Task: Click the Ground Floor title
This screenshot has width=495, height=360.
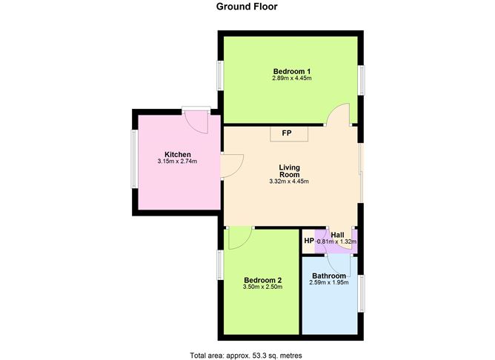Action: pos(247,7)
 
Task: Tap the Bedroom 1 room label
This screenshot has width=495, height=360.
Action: pos(292,71)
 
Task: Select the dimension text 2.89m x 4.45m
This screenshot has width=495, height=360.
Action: pos(292,79)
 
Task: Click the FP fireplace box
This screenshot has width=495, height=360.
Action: pos(289,134)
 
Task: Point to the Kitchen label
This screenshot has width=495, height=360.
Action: pos(178,155)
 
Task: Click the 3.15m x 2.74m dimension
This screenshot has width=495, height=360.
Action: pos(177,161)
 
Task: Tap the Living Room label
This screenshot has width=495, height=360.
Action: pos(289,170)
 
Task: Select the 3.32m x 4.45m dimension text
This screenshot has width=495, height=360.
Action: pos(289,181)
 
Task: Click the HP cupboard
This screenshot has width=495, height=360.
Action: pos(309,241)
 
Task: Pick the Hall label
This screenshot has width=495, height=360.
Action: pos(337,235)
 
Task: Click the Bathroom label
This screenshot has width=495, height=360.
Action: pos(329,276)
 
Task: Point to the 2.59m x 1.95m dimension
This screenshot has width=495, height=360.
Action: pos(329,283)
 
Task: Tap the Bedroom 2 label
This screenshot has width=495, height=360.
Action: pos(262,280)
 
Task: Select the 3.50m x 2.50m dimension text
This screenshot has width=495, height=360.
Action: pos(262,287)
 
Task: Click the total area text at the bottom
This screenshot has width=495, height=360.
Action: pos(246,356)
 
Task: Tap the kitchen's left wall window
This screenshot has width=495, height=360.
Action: pos(134,159)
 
